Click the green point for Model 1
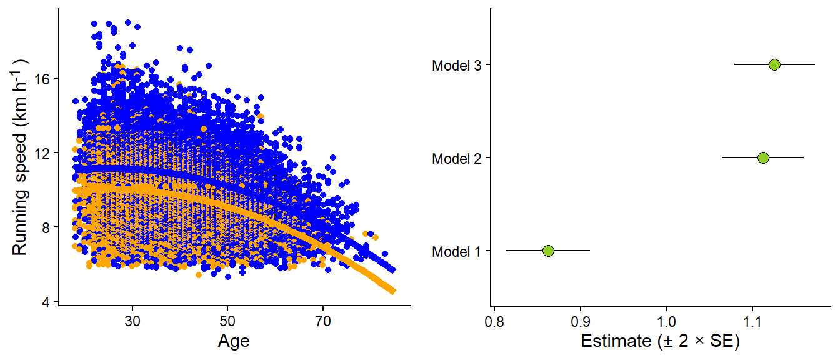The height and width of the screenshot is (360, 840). [548, 251]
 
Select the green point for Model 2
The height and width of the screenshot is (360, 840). [763, 157]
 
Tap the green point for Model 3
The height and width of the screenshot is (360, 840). [774, 64]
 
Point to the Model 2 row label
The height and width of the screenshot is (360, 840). [456, 158]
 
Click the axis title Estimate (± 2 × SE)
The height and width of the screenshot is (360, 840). [661, 341]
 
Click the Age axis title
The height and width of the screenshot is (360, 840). [234, 341]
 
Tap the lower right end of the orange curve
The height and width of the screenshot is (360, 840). [393, 291]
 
